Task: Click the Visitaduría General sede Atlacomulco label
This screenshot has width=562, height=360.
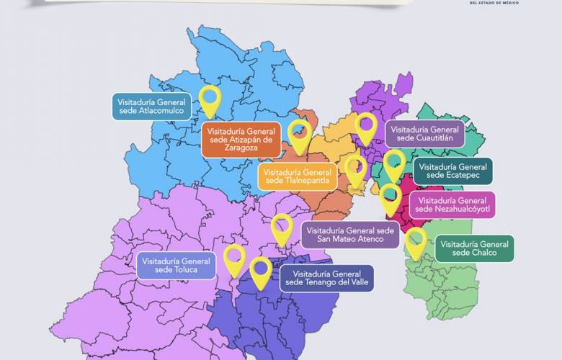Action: [x=152, y=106]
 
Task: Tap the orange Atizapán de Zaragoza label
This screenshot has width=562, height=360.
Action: [x=240, y=140]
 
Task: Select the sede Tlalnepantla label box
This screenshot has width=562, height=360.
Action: [x=296, y=176]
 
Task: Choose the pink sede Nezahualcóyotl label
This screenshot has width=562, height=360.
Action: [x=453, y=204]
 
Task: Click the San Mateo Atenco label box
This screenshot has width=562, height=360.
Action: [x=350, y=235]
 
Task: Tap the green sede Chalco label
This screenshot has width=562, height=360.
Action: [x=474, y=248]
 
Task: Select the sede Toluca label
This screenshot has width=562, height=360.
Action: [x=176, y=265]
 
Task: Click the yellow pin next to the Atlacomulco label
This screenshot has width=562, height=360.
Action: [x=210, y=99]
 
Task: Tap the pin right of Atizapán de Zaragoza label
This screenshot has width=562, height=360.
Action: [x=299, y=135]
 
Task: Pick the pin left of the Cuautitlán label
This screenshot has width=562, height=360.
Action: [x=366, y=127]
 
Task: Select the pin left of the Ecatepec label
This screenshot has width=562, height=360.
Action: [x=394, y=163]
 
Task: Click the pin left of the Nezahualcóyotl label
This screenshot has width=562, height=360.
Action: [x=391, y=197]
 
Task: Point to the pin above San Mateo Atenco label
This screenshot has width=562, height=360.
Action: [x=282, y=226]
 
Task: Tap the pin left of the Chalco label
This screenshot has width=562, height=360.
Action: [x=416, y=240]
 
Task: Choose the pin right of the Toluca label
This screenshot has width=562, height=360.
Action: [x=235, y=258]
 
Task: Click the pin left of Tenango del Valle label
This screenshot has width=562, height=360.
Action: [x=261, y=270]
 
